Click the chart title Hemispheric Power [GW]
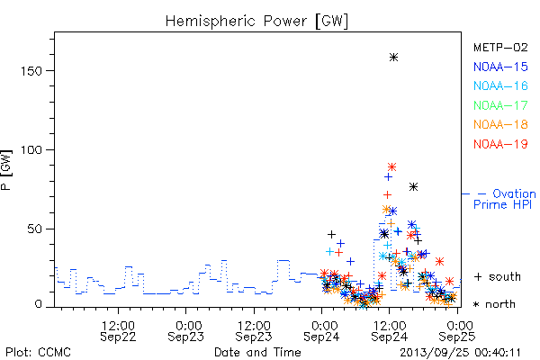click(256, 22)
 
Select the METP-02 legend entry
click(500, 47)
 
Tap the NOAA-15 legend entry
click(500, 67)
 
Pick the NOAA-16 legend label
click(500, 85)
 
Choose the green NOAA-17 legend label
click(500, 105)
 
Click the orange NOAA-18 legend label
click(500, 124)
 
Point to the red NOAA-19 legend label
click(500, 144)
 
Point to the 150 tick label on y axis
click(31, 71)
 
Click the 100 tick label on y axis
click(31, 150)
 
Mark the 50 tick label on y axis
click(34, 229)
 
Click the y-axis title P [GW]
click(6, 170)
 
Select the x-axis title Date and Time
click(257, 353)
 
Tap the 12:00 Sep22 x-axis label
click(118, 331)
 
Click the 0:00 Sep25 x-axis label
click(457, 331)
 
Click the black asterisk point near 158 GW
click(393, 58)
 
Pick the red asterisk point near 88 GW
click(391, 167)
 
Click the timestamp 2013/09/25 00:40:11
click(460, 353)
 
